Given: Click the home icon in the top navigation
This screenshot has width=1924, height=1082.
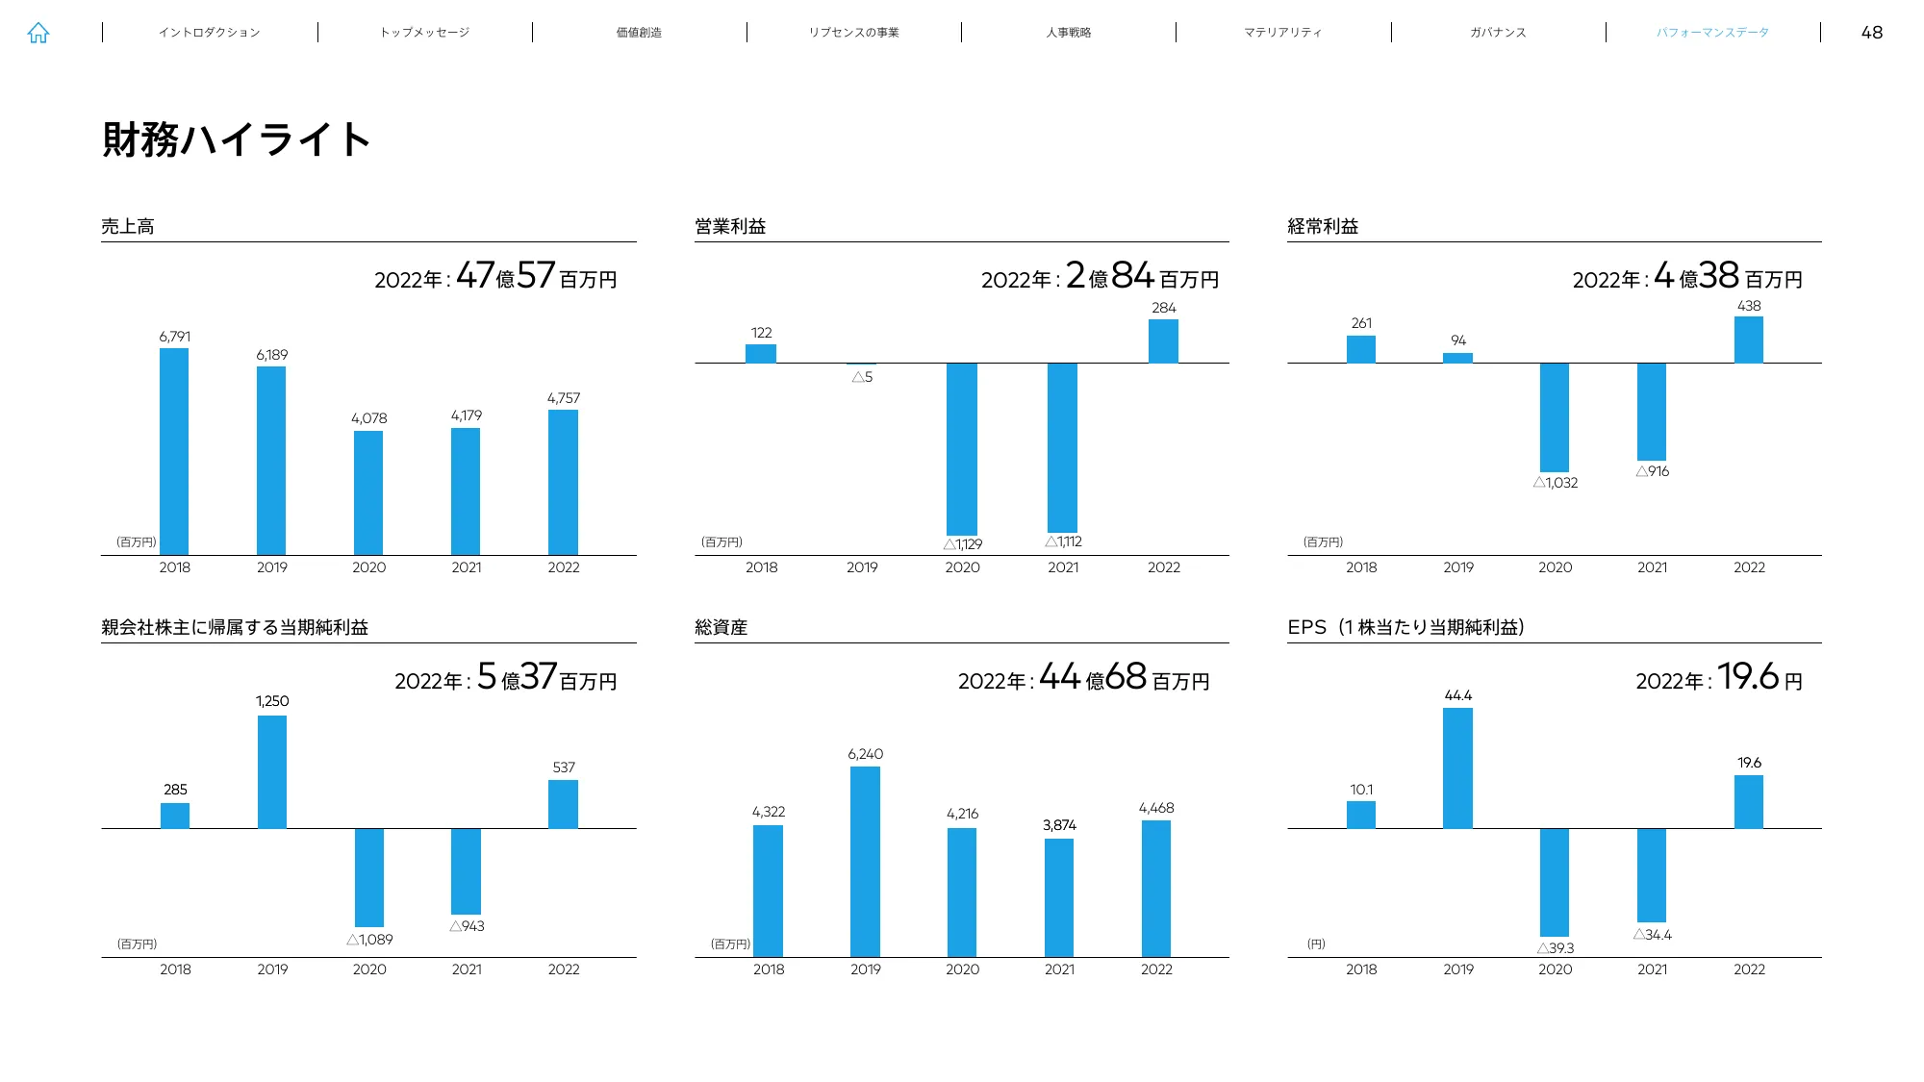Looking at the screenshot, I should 38,33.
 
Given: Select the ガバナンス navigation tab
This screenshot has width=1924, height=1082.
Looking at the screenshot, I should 1498,33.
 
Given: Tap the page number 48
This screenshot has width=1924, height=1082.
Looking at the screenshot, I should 1871,33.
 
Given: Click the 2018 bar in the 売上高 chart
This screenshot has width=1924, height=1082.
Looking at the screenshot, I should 174,451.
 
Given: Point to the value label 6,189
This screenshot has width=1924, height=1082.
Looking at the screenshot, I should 271,355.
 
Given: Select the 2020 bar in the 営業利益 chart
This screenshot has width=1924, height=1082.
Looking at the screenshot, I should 962,448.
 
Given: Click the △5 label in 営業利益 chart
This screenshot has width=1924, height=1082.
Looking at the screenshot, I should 862,377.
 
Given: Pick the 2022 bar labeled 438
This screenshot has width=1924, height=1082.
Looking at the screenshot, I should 1748,340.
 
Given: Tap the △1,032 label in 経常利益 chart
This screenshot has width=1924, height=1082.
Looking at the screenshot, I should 1556,483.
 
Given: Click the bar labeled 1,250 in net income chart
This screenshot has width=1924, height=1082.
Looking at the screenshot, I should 272,771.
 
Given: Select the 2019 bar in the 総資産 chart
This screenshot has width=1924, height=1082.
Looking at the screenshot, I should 865,861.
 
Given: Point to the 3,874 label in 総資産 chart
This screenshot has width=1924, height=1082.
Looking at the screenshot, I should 1059,825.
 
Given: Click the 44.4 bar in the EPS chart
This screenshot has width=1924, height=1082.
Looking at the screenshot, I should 1457,767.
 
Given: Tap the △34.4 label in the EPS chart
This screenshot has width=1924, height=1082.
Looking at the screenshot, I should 1653,935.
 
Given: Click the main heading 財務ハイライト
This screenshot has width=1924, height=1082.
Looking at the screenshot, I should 236,139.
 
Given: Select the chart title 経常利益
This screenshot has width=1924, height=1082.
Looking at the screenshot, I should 1323,227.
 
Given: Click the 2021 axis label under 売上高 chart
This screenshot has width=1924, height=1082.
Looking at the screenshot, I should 467,567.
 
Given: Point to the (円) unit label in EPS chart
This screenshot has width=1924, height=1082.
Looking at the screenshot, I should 1316,944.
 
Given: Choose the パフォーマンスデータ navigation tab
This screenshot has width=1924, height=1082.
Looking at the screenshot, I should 1712,33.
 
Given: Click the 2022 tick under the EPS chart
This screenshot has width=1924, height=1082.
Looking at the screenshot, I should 1749,969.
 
